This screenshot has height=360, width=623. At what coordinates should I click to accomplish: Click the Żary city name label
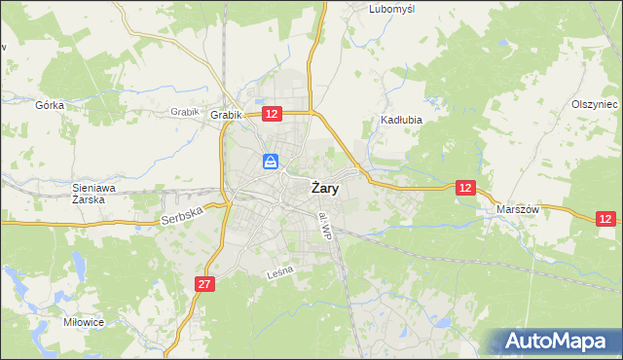(x=325, y=189)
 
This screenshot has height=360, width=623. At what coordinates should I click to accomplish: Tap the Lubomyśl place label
(x=392, y=9)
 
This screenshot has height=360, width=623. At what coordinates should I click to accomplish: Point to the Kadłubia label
(x=398, y=122)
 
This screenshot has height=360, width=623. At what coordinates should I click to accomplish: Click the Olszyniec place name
(x=595, y=104)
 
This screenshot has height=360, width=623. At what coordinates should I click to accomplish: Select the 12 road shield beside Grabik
(x=272, y=115)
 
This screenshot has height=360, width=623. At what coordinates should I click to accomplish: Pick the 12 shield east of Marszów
(x=606, y=221)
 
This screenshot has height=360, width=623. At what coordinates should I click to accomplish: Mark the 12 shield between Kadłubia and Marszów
(x=466, y=188)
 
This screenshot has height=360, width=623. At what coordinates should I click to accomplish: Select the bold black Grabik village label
(x=226, y=115)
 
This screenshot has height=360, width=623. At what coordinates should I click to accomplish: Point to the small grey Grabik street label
(x=184, y=111)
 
